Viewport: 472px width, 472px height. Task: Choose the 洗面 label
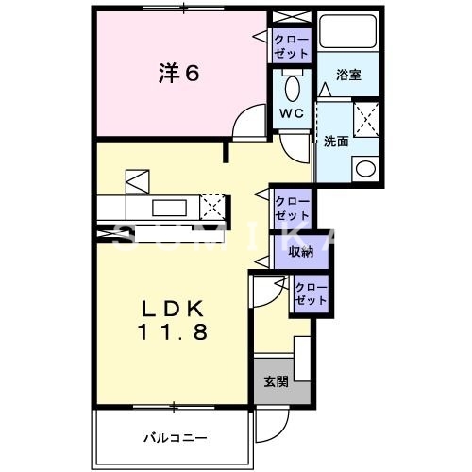[336, 142]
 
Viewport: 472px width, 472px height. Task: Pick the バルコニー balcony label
[175, 437]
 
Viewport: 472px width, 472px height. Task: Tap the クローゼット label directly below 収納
[310, 294]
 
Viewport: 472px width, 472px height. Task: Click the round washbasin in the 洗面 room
[363, 168]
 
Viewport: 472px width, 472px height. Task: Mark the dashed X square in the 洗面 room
[365, 123]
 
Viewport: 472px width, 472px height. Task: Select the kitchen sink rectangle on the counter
[168, 206]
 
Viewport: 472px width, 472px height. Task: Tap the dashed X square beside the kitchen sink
[214, 206]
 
